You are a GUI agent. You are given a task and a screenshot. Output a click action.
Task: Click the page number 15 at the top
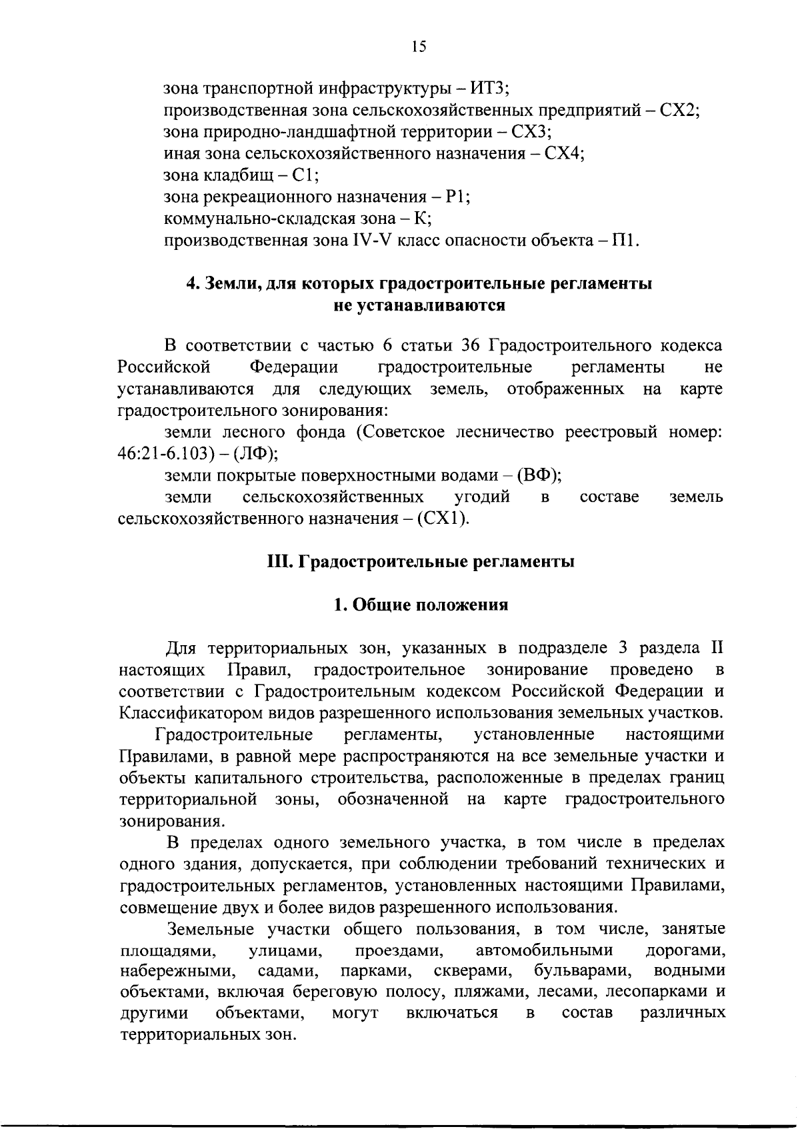click(419, 46)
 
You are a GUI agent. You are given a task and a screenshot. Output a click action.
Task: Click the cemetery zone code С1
click(305, 175)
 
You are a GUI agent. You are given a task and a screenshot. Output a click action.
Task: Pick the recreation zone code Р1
click(457, 197)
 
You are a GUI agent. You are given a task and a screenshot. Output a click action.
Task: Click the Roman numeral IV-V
click(373, 241)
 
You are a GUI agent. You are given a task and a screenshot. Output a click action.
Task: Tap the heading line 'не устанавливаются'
click(419, 306)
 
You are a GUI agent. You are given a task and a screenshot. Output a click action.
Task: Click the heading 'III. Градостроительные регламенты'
click(420, 561)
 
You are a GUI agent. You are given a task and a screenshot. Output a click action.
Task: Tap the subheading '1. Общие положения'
click(420, 604)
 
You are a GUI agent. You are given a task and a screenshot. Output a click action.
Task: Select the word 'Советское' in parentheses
click(405, 432)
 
